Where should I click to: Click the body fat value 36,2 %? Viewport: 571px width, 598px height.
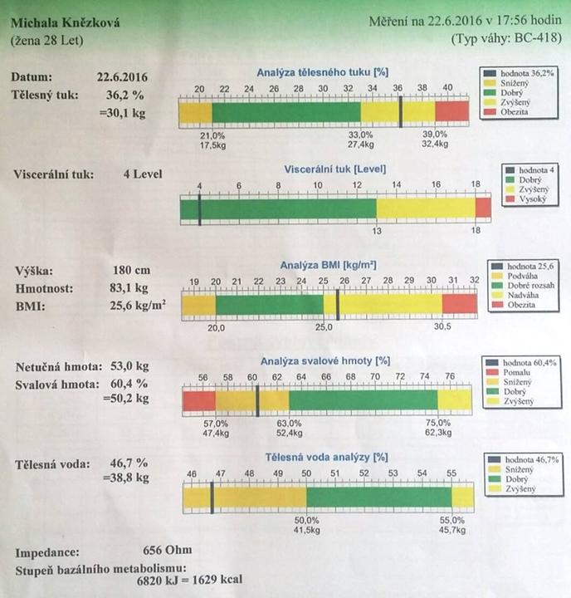118,95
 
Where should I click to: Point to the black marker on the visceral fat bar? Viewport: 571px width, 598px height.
200,208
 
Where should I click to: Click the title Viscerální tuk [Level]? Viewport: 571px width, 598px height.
334,168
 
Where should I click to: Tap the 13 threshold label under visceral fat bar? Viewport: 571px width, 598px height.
376,231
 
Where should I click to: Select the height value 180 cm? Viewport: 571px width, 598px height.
129,271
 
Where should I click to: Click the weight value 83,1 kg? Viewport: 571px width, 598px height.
129,288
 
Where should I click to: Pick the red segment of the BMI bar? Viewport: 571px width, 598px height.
459,305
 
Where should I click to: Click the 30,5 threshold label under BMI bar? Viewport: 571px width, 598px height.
441,327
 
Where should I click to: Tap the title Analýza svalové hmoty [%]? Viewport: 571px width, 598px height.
325,360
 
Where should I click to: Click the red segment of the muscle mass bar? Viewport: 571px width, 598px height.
198,401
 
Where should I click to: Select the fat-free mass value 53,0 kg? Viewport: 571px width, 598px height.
131,366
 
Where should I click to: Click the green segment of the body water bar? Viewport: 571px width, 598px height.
378,498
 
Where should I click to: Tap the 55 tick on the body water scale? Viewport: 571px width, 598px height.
452,473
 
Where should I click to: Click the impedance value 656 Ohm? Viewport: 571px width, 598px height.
168,550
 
